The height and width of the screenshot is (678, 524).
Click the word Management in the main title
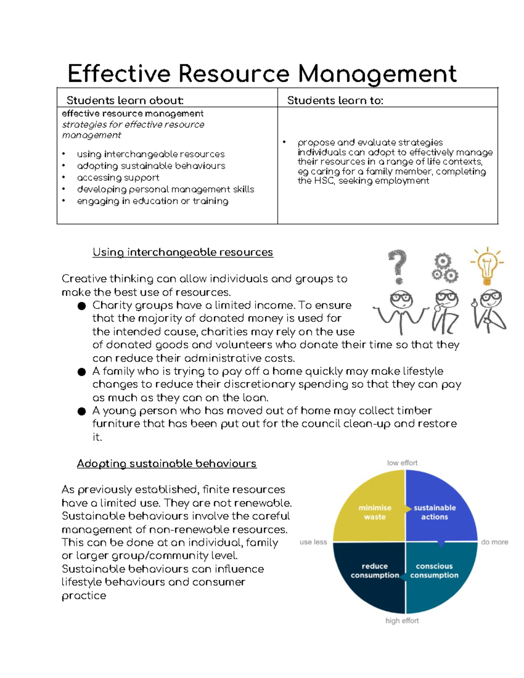pyautogui.click(x=377, y=73)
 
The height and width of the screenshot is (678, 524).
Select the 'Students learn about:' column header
pyautogui.click(x=125, y=100)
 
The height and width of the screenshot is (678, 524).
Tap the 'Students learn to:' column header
pyautogui.click(x=335, y=100)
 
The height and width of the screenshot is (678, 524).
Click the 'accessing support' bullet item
pyautogui.click(x=118, y=178)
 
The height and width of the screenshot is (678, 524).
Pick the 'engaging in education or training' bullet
pyautogui.click(x=152, y=201)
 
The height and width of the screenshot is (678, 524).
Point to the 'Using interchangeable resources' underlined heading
pyautogui.click(x=183, y=252)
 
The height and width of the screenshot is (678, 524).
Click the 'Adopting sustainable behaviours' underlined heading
pyautogui.click(x=166, y=464)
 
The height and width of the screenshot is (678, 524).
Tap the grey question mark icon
pyautogui.click(x=397, y=266)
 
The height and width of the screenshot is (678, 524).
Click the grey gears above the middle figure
pyautogui.click(x=444, y=268)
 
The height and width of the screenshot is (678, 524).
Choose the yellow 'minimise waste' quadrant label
pyautogui.click(x=375, y=512)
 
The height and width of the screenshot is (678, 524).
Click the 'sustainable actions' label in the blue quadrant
pyautogui.click(x=434, y=512)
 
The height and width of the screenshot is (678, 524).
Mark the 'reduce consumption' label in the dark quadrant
pyautogui.click(x=375, y=571)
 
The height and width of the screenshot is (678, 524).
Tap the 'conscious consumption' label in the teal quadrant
pyautogui.click(x=434, y=571)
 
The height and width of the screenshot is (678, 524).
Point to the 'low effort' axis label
pyautogui.click(x=402, y=463)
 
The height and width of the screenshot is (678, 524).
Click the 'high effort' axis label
pyautogui.click(x=402, y=620)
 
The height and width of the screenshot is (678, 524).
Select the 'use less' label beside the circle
pyautogui.click(x=313, y=542)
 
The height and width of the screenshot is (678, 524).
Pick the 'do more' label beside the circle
pyautogui.click(x=494, y=542)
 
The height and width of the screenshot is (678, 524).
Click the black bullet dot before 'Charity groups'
pyautogui.click(x=82, y=306)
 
